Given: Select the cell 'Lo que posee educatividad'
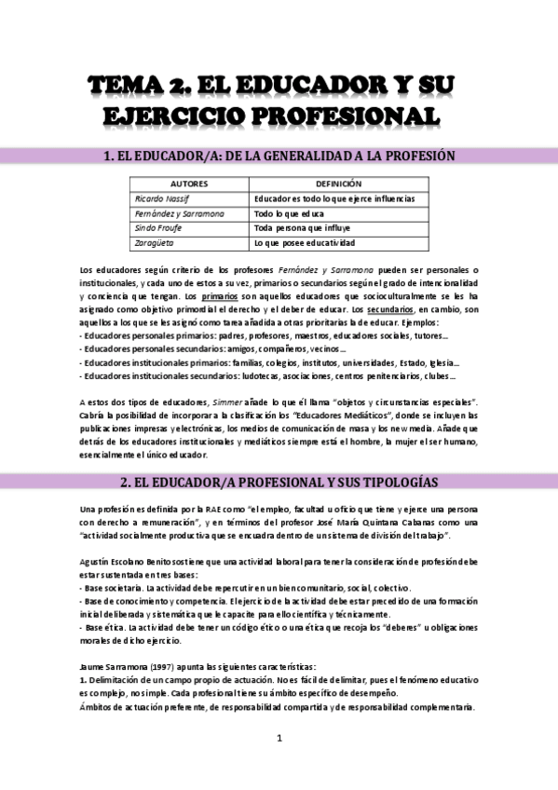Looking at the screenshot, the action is click(305, 243).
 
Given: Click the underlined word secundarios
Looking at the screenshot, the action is click(390, 309).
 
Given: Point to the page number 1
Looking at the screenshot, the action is click(279, 738).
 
